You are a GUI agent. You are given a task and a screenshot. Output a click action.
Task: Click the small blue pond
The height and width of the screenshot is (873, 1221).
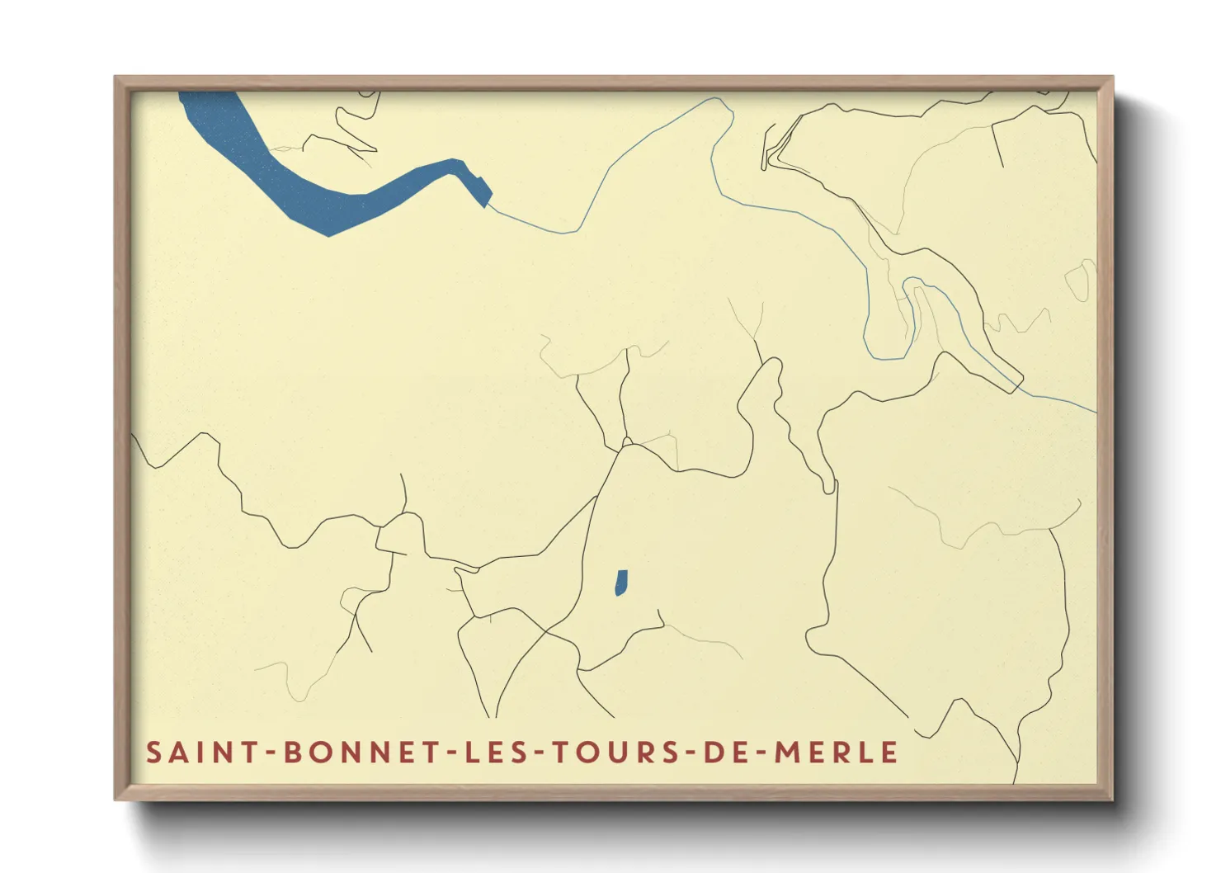tap(621, 583)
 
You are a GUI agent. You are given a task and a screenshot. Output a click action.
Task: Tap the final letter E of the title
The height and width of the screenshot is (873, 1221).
tap(889, 753)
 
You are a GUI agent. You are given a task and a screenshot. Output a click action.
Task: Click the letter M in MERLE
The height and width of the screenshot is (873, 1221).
tap(786, 753)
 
